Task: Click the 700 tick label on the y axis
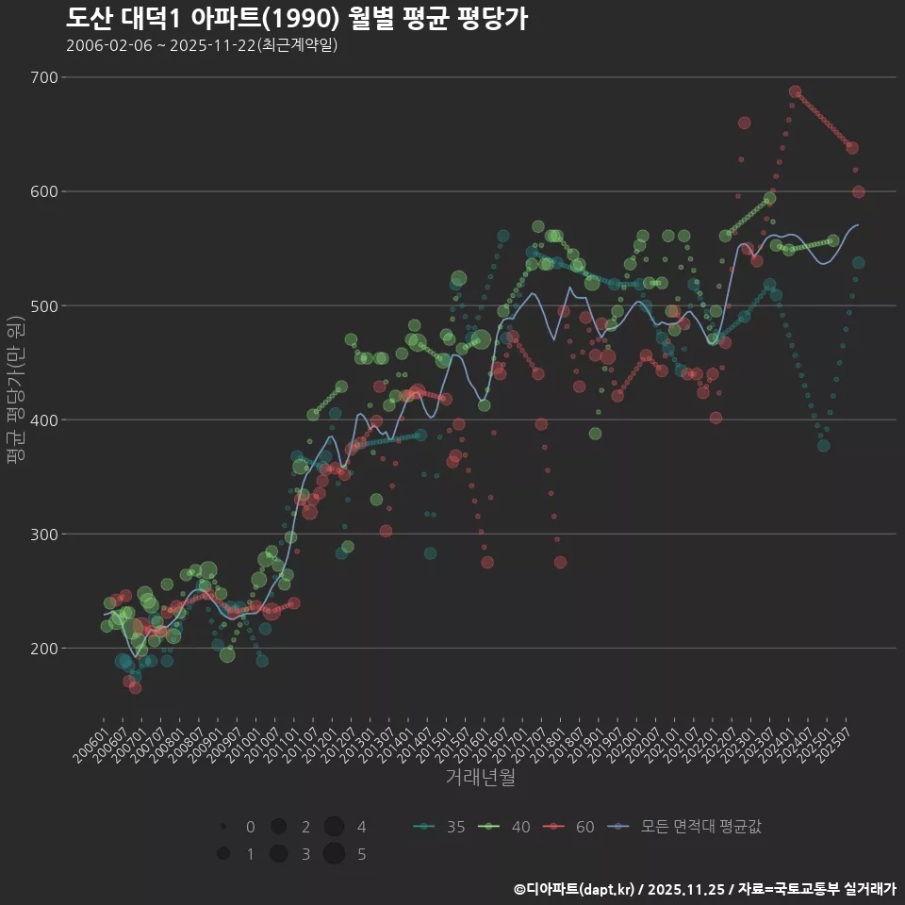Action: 44,77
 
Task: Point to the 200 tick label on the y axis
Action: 44,649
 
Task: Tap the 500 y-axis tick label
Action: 44,305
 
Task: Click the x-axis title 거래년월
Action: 480,778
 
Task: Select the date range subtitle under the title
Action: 202,45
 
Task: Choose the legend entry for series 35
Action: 439,827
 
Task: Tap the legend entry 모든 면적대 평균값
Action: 684,827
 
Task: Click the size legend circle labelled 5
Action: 333,854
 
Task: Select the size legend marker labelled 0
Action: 223,827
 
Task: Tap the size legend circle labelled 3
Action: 278,854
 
